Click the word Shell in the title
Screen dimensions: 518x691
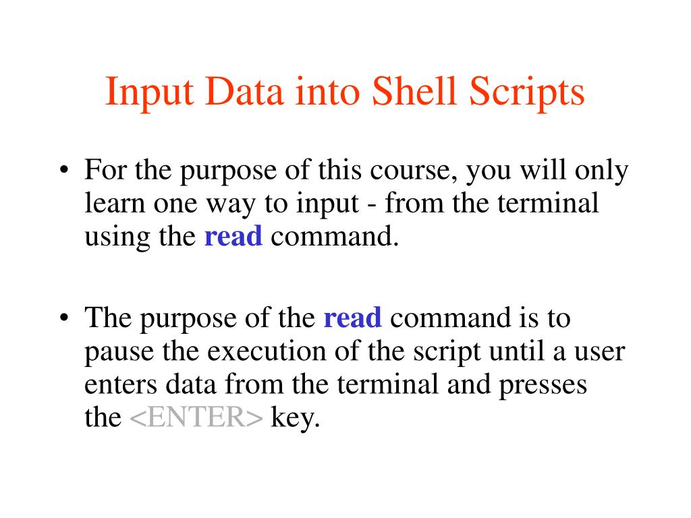click(x=410, y=92)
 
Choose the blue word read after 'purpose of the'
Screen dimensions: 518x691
click(x=353, y=318)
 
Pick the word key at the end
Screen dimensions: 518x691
click(x=294, y=419)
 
